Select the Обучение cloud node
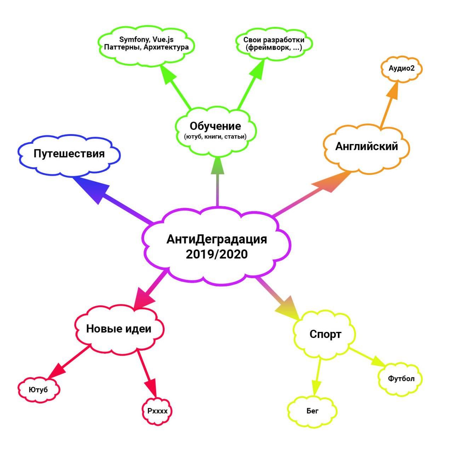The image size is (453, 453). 216,131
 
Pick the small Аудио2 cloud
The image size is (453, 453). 401,69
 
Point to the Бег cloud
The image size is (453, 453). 312,411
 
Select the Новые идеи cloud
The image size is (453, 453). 119,329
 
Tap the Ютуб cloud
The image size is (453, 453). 39,390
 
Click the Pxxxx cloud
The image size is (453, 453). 157,411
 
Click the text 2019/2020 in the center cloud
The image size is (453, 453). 217,254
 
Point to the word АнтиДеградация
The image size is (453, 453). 217,239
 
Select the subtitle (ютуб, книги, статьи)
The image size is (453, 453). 215,137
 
